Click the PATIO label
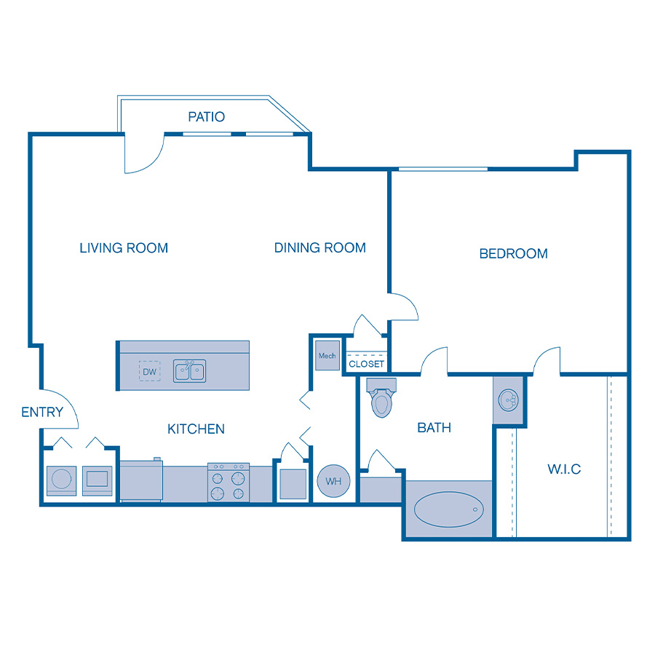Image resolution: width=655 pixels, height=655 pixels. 207,116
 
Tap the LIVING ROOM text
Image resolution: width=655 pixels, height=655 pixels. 124,248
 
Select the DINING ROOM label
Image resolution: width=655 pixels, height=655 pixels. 319,248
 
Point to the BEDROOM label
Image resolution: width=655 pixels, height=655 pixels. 513,254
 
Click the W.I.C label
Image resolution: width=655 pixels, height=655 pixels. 564,469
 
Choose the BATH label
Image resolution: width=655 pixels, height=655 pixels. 434,428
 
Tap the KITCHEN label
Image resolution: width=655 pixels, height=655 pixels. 196,429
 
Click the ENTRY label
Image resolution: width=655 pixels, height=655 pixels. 42,413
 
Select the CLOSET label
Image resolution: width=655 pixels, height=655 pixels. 366,364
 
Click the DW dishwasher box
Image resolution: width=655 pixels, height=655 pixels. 150,372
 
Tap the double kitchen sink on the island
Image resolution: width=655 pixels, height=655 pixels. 189,370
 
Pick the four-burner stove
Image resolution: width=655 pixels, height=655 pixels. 229,483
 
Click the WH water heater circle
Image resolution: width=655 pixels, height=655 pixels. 333,481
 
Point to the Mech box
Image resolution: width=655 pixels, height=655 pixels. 327,356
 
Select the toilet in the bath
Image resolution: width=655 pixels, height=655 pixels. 381,399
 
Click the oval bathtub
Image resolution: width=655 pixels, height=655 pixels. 448,509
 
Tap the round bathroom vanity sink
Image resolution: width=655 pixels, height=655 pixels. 509,400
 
